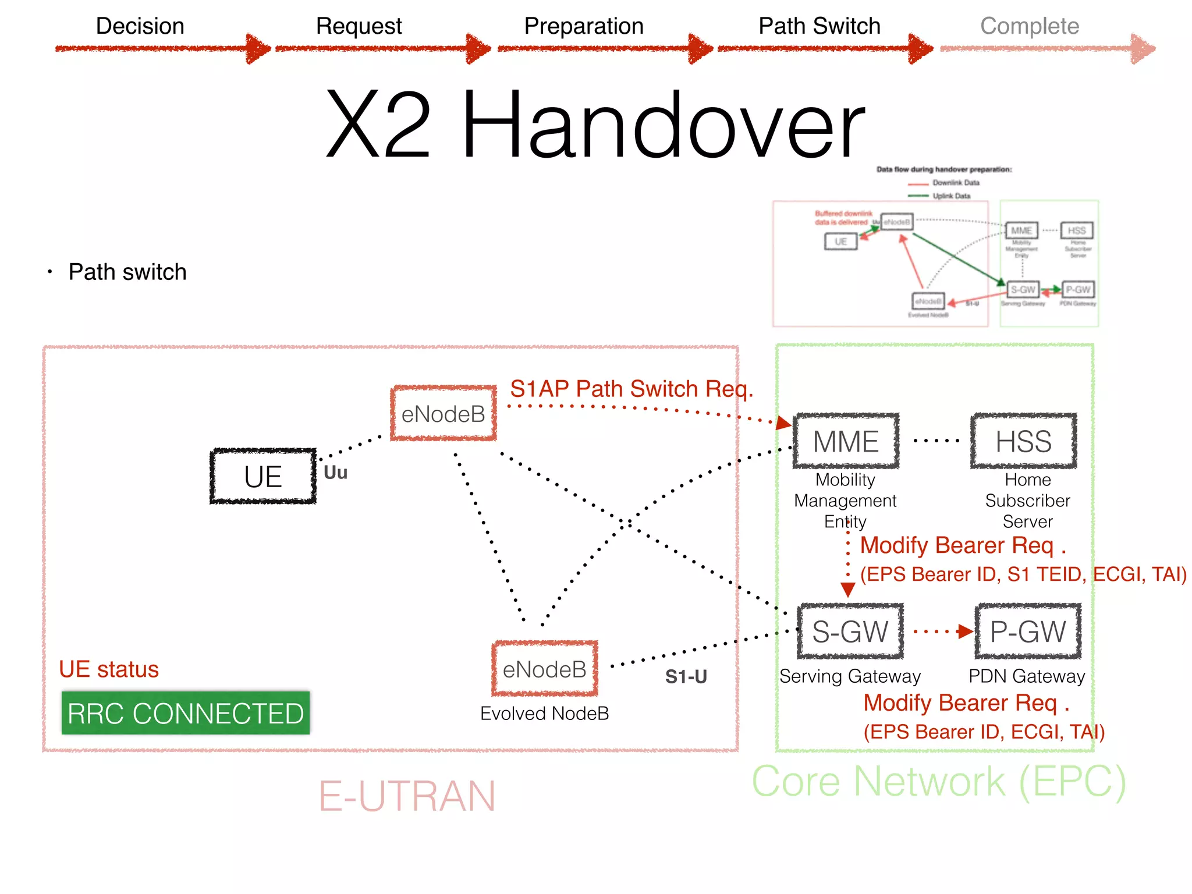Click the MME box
[846, 441]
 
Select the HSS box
[1023, 441]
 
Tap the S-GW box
[850, 632]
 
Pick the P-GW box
[1028, 632]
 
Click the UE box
[263, 477]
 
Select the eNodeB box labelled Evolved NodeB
[545, 669]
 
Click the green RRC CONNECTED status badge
[186, 714]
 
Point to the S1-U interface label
[686, 677]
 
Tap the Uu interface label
[335, 473]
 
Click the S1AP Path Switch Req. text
[632, 389]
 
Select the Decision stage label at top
[140, 26]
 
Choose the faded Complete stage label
[1029, 26]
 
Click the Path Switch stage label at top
[819, 26]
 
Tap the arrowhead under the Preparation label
[700, 49]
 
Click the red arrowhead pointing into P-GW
[965, 632]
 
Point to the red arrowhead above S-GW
[848, 590]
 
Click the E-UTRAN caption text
[407, 796]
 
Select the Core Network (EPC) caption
[939, 782]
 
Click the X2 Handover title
[595, 125]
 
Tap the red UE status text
[109, 669]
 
